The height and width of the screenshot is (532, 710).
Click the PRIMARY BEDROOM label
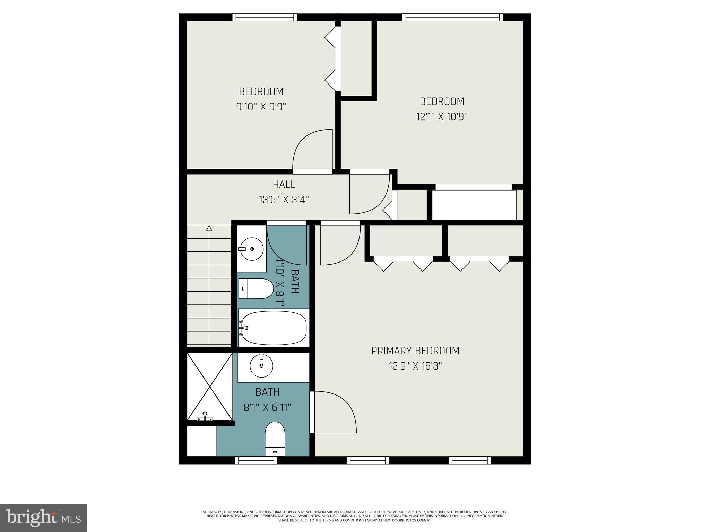(x=415, y=351)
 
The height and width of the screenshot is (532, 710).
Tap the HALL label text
(x=284, y=185)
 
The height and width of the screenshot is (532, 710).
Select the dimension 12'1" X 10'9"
(x=442, y=117)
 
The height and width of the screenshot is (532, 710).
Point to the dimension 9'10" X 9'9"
(x=261, y=107)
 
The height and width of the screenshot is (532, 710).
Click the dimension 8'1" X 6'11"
(x=267, y=407)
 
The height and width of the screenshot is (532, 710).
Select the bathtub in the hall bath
(x=274, y=328)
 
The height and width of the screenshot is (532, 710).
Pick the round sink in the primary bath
(x=261, y=366)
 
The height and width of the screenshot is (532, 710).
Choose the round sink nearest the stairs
(x=252, y=249)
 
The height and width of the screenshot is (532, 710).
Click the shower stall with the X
(x=210, y=386)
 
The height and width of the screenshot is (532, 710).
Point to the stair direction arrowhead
(x=209, y=228)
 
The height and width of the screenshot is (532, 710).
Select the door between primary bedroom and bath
(x=333, y=412)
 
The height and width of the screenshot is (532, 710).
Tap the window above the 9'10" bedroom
(x=265, y=17)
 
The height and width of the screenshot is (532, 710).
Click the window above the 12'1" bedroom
(x=452, y=17)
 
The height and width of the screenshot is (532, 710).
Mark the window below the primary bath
(x=256, y=460)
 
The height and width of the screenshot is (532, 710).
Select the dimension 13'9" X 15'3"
(x=415, y=366)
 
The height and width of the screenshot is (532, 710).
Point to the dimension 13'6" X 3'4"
(x=284, y=200)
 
